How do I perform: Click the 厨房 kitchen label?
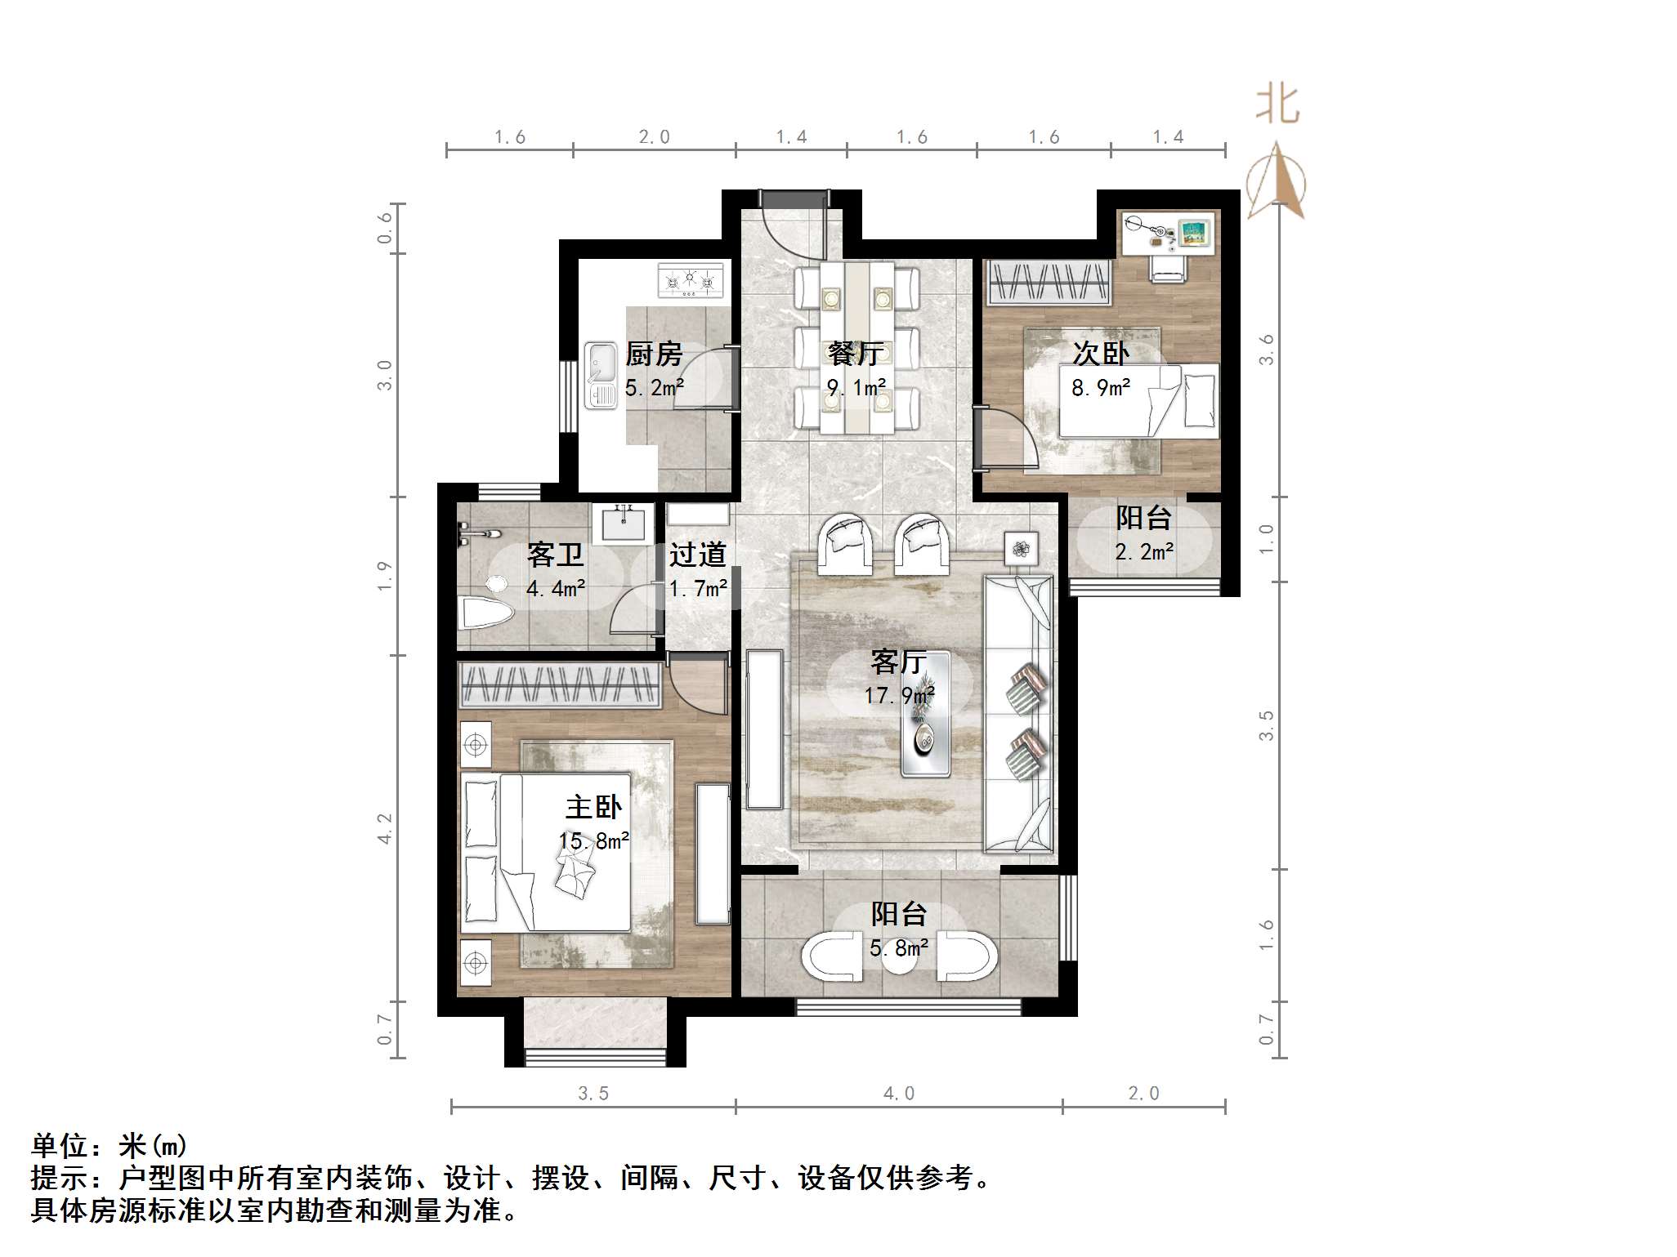coord(654,354)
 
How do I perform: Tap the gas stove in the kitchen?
coord(691,280)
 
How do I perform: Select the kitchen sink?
coord(601,375)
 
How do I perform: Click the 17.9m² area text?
coord(899,696)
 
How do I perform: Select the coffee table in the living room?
coord(925,712)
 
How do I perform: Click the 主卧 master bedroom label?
coord(594,808)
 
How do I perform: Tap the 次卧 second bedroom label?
coord(1101,354)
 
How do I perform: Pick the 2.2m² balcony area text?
coord(1144,553)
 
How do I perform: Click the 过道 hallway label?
coord(698,555)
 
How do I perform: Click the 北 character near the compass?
coord(1277,106)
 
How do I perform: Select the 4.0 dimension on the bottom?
coord(899,1093)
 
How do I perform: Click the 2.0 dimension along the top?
coord(654,137)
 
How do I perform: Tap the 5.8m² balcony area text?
coord(899,948)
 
